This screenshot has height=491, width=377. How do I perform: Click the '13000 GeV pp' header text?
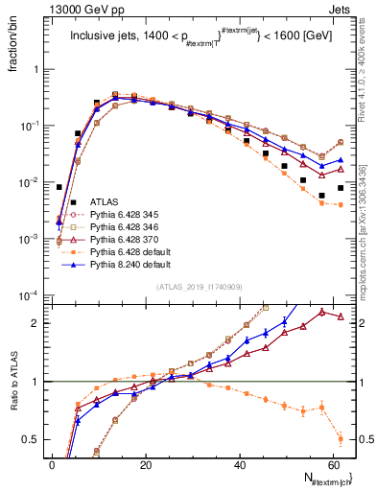tap(65, 9)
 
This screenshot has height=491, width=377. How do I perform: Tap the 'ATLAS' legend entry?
tap(106, 202)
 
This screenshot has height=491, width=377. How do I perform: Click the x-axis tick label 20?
tap(147, 464)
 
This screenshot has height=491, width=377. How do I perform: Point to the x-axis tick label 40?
tap(241, 464)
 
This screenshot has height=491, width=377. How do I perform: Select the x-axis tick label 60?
tap(335, 464)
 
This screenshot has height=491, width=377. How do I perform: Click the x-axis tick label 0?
tap(53, 464)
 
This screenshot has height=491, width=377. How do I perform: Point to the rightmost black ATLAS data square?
tap(341, 188)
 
